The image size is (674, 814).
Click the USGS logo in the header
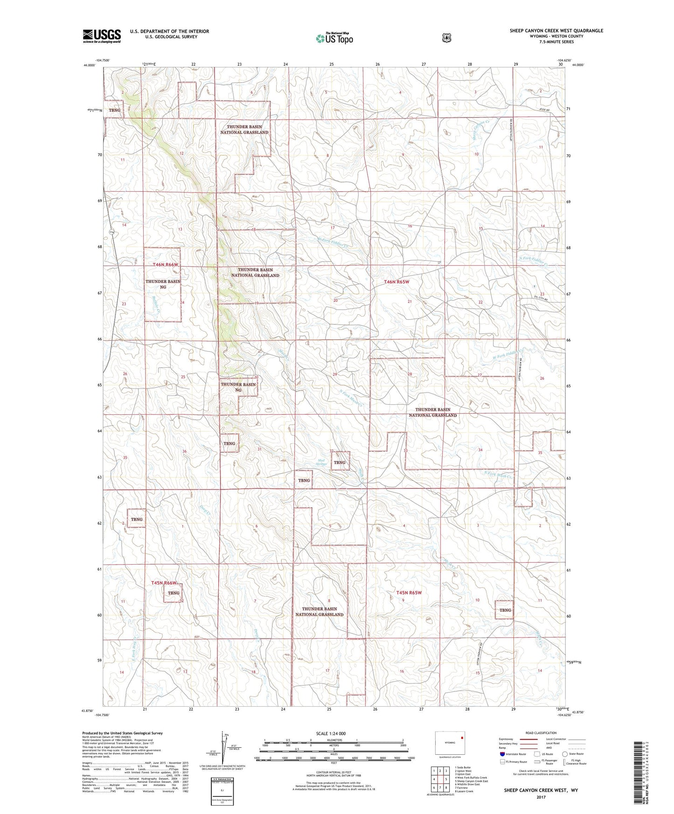pyautogui.click(x=102, y=36)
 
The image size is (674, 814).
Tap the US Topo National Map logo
pyautogui.click(x=334, y=38)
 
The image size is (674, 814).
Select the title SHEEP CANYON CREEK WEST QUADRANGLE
pyautogui.click(x=556, y=31)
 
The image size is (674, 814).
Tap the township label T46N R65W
pyautogui.click(x=396, y=282)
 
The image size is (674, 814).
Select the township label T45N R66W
pyautogui.click(x=164, y=583)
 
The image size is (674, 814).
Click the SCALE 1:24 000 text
pyautogui.click(x=331, y=733)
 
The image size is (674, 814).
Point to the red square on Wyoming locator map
pyautogui.click(x=462, y=738)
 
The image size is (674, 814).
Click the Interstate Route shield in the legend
pyautogui.click(x=502, y=753)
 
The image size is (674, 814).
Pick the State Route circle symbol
pyautogui.click(x=565, y=753)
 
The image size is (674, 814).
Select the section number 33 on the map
pyautogui.click(x=405, y=450)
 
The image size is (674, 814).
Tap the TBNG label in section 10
pyautogui.click(x=505, y=610)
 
